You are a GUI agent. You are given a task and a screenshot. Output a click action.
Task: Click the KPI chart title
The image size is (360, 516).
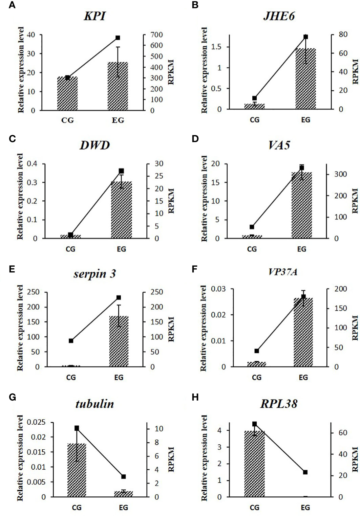94,16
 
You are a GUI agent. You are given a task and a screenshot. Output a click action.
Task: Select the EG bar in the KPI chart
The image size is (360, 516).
118,86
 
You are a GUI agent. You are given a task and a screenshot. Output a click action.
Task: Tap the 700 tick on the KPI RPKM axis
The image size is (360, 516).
157,35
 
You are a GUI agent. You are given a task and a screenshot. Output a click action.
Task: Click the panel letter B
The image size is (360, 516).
195,5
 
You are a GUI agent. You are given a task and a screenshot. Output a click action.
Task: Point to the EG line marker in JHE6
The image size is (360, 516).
305,37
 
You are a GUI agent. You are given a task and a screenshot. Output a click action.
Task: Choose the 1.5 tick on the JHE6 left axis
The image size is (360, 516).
216,47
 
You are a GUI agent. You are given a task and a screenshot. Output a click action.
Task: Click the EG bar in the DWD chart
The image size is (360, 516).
121,210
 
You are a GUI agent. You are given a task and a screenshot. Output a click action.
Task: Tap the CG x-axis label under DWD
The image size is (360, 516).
70,249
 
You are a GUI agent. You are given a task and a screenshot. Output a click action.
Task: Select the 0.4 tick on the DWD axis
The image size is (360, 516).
32,164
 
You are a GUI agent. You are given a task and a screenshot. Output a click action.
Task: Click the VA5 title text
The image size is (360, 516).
279,145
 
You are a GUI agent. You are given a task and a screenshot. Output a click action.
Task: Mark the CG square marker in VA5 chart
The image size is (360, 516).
252,227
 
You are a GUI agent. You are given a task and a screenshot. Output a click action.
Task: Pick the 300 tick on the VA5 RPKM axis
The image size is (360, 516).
341,174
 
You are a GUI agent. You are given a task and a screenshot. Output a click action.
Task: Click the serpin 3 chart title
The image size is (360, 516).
94,274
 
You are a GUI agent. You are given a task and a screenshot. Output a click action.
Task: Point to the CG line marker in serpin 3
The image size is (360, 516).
71,341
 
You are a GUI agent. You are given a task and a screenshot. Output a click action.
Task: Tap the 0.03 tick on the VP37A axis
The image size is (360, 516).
218,289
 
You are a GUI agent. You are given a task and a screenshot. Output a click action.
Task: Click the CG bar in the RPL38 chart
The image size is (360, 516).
254,464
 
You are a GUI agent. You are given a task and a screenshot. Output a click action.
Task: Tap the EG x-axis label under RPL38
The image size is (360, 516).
305,508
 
